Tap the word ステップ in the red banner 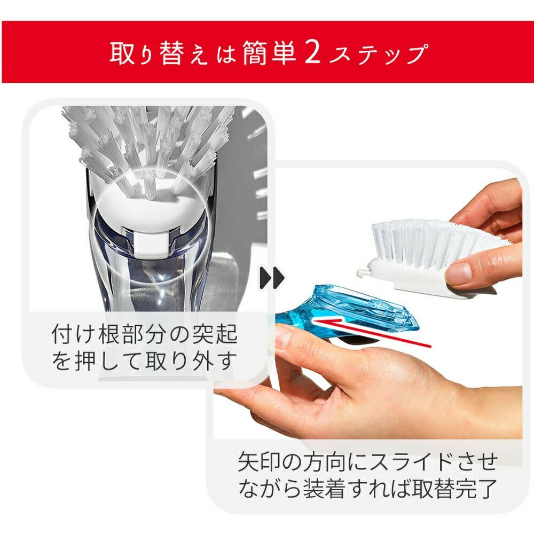378,53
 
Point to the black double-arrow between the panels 272,278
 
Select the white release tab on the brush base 150,244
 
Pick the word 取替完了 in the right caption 454,489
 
